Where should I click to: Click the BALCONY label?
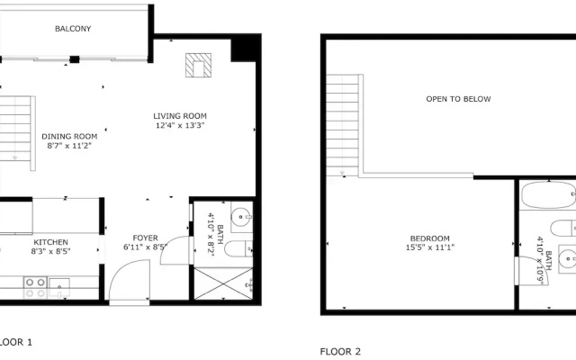pyautogui.click(x=73, y=29)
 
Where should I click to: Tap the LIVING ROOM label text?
pyautogui.click(x=180, y=116)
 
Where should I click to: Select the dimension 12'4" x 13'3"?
pyautogui.click(x=180, y=125)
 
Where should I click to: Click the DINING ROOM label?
pyautogui.click(x=69, y=137)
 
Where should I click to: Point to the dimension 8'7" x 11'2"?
pyautogui.click(x=69, y=146)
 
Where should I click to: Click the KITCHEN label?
pyautogui.click(x=50, y=242)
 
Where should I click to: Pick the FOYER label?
pyautogui.click(x=146, y=238)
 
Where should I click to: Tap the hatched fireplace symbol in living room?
pyautogui.click(x=198, y=66)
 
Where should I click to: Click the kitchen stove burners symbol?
pyautogui.click(x=35, y=288)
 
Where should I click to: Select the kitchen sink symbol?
pyautogui.click(x=59, y=288)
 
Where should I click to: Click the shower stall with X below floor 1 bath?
pyautogui.click(x=223, y=283)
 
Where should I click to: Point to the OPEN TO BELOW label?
pyautogui.click(x=458, y=99)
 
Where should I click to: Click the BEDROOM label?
pyautogui.click(x=430, y=238)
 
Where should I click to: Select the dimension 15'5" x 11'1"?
pyautogui.click(x=430, y=247)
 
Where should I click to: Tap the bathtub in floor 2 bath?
pyautogui.click(x=548, y=195)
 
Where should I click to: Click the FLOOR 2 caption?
pyautogui.click(x=340, y=352)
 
